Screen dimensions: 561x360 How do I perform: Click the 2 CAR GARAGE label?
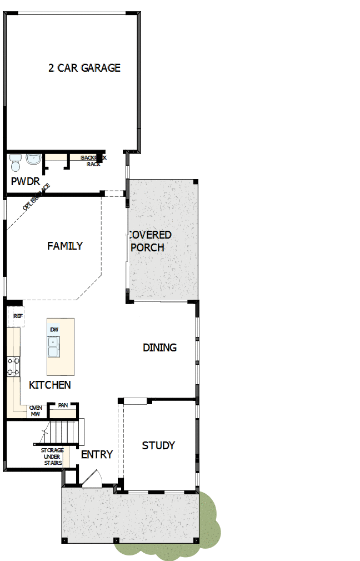[84, 68]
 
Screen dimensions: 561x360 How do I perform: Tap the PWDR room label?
[26, 181]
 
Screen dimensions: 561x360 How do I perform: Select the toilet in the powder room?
[16, 162]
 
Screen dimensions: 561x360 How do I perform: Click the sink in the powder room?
[33, 160]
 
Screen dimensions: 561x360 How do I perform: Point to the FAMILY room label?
[65, 246]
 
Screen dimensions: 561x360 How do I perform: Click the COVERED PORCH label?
[149, 241]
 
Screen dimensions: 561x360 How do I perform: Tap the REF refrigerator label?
[18, 316]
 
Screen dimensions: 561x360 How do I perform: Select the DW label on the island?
[54, 330]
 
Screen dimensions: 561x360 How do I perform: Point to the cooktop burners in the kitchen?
[13, 366]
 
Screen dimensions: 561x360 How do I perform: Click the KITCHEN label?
[50, 385]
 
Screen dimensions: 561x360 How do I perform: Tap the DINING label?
[160, 347]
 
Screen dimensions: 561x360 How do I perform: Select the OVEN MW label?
[36, 411]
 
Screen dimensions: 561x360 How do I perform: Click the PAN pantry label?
[63, 405]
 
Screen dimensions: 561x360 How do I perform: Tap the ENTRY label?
[97, 454]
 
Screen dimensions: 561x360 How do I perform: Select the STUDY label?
[158, 445]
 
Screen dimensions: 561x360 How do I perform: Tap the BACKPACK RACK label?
[93, 161]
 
